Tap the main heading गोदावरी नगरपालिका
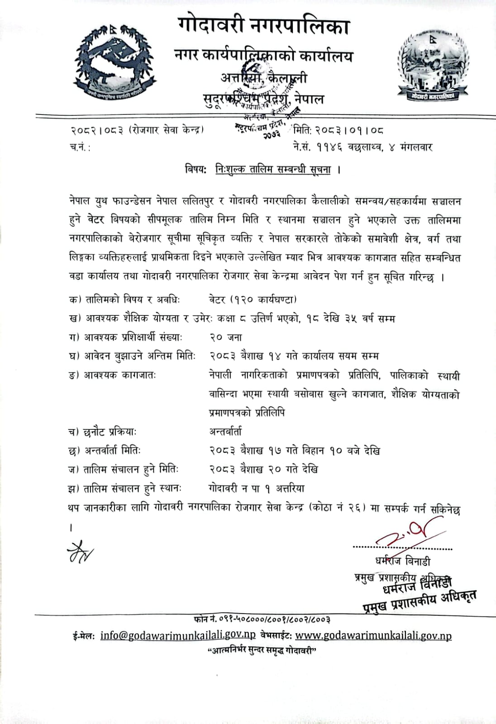[x=263, y=26]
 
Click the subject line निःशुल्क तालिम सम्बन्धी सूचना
[x=273, y=170]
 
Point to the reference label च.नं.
[x=80, y=148]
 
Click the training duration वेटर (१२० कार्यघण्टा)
[x=253, y=299]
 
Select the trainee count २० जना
[x=225, y=337]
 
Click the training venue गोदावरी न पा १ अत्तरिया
[x=257, y=488]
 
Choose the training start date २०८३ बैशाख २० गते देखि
[x=263, y=469]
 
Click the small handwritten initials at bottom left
[x=80, y=551]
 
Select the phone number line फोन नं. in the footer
[x=261, y=619]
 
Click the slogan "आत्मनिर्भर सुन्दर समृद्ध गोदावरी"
[x=261, y=651]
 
